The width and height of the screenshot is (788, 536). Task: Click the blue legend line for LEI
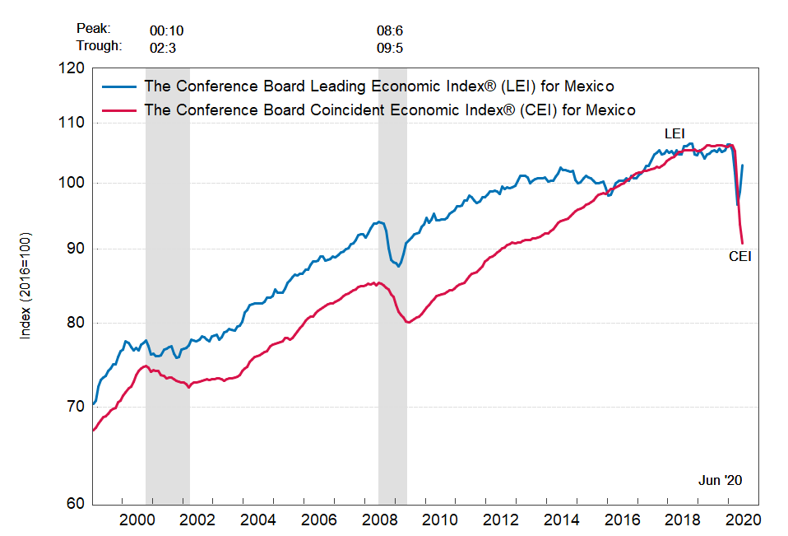click(118, 86)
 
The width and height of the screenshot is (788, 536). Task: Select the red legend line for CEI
click(118, 110)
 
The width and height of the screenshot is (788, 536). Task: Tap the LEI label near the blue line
click(674, 133)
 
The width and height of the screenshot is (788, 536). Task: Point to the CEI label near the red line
click(740, 256)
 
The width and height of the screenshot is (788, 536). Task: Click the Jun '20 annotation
click(721, 480)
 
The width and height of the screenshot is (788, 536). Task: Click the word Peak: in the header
click(93, 29)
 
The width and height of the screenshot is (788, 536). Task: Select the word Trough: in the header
click(100, 45)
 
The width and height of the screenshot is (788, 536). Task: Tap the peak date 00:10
click(167, 30)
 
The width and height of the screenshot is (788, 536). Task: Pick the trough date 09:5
click(390, 47)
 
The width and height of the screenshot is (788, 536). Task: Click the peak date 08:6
click(390, 30)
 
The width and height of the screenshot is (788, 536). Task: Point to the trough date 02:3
click(163, 47)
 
